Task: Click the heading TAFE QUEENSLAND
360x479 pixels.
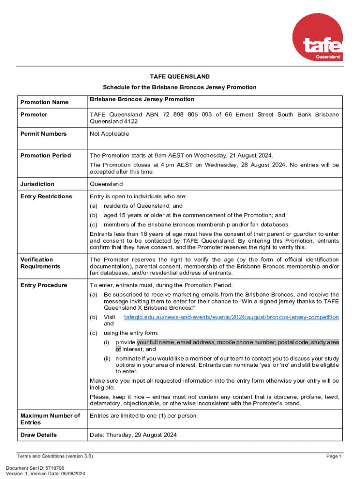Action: [x=180, y=76]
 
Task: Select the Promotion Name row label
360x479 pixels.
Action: [x=44, y=102]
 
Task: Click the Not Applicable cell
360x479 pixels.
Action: [x=109, y=134]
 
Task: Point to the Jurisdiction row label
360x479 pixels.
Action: [x=37, y=184]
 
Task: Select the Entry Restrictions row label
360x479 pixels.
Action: [x=46, y=196]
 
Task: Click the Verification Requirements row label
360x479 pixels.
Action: [x=41, y=263]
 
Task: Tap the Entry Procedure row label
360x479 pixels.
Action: [x=44, y=285]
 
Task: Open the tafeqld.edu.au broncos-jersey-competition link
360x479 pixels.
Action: [x=231, y=317]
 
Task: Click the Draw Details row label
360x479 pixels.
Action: [x=39, y=435]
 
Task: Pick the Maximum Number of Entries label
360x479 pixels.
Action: [x=50, y=419]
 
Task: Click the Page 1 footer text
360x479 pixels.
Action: [x=334, y=456]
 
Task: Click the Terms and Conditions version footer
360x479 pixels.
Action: [x=55, y=456]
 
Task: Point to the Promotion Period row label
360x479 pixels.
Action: [x=46, y=156]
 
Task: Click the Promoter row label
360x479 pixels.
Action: [x=34, y=115]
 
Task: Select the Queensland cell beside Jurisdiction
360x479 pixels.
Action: [x=106, y=184]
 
